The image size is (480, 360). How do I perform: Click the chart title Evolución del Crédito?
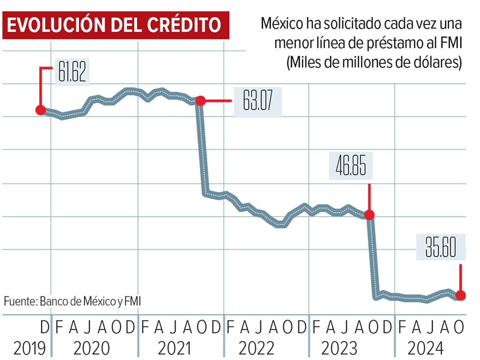[x=116, y=26]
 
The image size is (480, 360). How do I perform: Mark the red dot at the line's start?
[x=40, y=110]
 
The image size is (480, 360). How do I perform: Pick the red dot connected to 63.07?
[x=200, y=101]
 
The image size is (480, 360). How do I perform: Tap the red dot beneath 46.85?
[x=369, y=215]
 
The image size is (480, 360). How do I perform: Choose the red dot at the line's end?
[x=460, y=295]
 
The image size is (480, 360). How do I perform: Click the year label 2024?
[x=426, y=348]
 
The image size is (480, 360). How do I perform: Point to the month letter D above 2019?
[x=45, y=327]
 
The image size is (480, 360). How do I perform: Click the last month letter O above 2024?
[x=458, y=327]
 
